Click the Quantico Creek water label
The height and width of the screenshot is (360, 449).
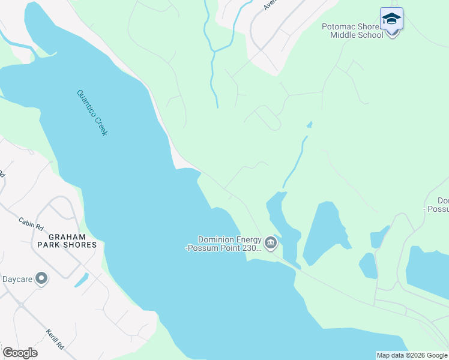92,112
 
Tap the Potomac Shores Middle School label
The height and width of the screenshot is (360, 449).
352,31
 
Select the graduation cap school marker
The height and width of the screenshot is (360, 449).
391,20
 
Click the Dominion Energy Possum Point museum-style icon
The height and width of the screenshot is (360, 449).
271,243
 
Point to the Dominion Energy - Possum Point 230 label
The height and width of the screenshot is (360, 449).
223,243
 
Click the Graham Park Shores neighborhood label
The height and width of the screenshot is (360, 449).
67,240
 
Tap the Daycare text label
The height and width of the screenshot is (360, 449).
16,279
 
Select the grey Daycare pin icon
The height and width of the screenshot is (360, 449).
41,278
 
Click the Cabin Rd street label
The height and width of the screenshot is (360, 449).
31,224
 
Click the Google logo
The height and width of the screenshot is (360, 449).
20,353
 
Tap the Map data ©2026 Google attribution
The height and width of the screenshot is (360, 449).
412,355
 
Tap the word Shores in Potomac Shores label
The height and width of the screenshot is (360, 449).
367,26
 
